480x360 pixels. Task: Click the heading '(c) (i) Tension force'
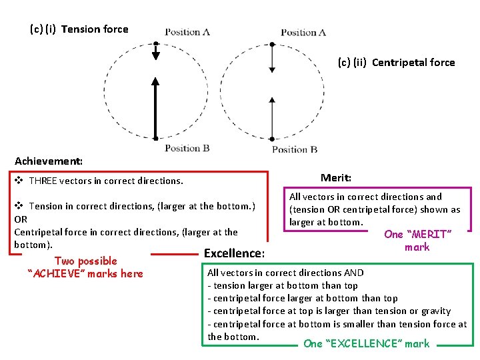point(79,29)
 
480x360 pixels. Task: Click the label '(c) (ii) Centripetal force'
point(396,63)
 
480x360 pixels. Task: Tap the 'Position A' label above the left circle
point(187,31)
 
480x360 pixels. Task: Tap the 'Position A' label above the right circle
point(303,32)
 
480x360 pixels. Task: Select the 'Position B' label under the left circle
point(187,148)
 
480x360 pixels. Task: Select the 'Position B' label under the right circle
point(295,149)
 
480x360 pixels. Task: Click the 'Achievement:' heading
point(49,161)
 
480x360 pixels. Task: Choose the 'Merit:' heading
point(336,178)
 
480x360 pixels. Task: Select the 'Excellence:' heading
point(234,253)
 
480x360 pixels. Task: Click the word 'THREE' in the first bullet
point(43,181)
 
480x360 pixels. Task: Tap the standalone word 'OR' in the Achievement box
point(21,219)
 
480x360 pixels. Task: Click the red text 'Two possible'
point(85,261)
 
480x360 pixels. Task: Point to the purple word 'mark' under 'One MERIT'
point(417,247)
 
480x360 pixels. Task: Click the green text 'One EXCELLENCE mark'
point(366,344)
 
